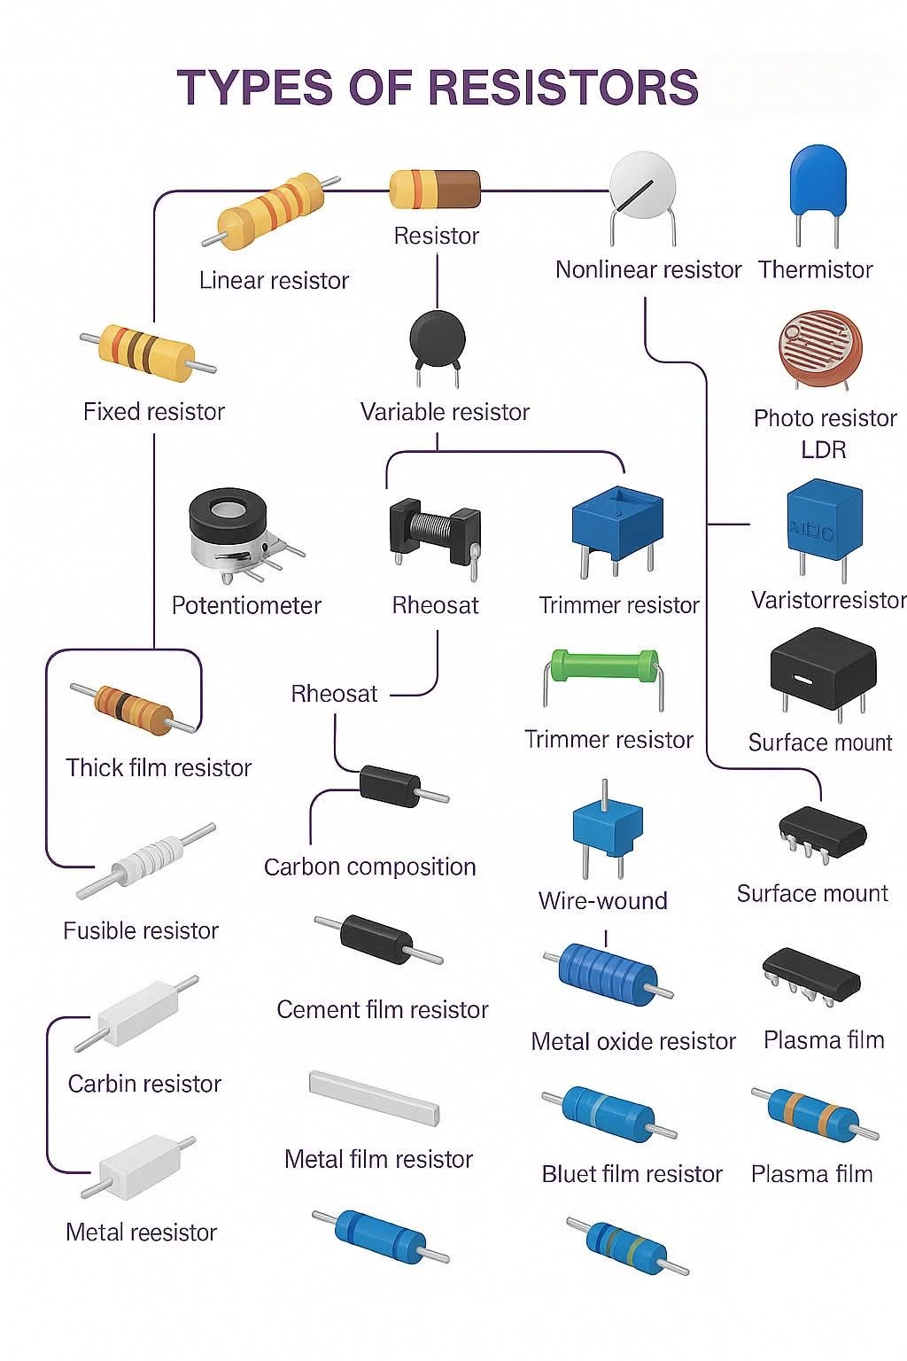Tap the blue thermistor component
coord(818,194)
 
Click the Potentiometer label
coord(246,605)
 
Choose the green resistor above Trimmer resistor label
coord(602,678)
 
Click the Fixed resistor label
coord(154,411)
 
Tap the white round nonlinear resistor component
coord(643,198)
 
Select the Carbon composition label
coord(370,867)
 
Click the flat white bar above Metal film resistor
coord(374,1098)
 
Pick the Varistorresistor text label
coord(829,600)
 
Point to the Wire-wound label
coord(602,900)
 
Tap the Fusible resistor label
coord(141,930)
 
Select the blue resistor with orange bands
coord(814,1115)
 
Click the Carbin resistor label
coord(144,1084)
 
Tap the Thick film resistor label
coord(159,767)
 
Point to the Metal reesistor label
coord(141,1233)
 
